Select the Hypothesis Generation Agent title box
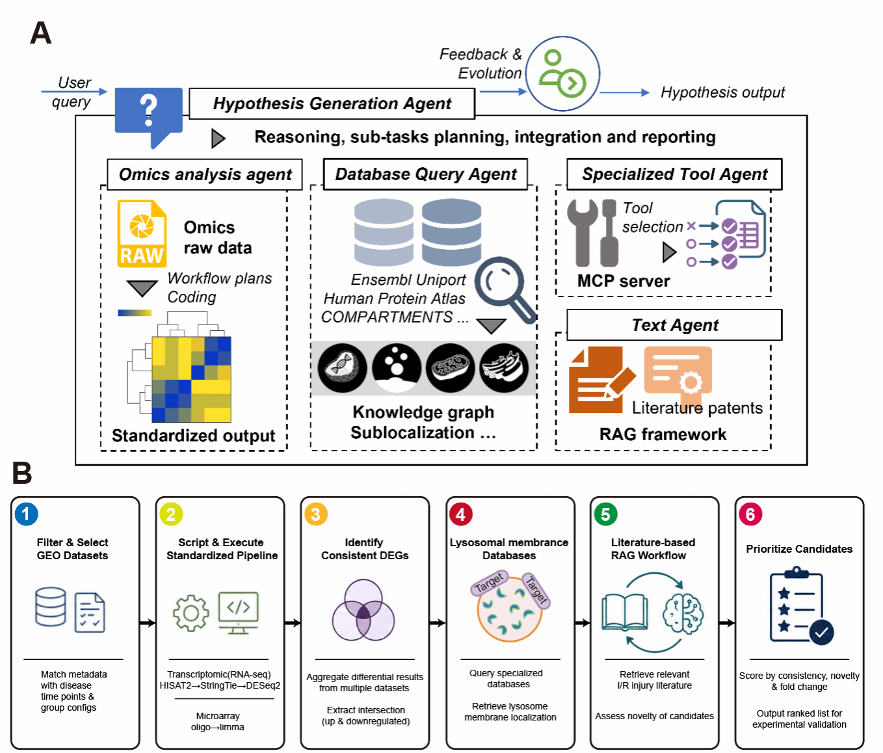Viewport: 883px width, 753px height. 332,104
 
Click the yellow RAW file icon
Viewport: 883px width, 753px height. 142,233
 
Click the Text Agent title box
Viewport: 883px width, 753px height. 674,325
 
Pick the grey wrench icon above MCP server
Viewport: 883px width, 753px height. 582,233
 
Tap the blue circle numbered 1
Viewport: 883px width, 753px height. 26,514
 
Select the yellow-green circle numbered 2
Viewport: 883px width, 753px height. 171,514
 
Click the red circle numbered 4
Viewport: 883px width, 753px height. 460,514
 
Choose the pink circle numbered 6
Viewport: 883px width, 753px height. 750,514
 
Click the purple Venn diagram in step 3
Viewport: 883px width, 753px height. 363,610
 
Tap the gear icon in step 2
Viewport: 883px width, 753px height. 191,613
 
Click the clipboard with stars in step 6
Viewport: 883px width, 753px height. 797,605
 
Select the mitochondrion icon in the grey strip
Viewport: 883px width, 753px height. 450,368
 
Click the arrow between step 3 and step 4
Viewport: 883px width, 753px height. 438,623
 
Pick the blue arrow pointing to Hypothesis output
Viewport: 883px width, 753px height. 625,92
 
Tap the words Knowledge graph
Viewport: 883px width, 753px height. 423,413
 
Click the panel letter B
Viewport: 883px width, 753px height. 22,473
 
